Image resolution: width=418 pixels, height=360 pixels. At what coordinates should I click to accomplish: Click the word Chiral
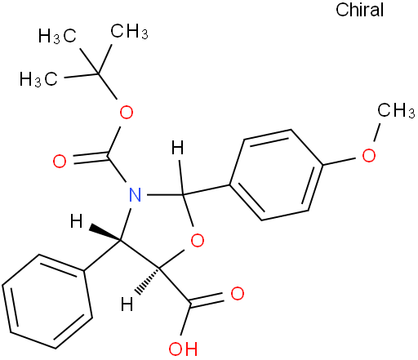(359, 10)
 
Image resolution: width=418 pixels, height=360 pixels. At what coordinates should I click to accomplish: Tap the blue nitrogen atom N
(136, 194)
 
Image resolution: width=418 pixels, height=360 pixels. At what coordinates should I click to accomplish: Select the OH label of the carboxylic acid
(183, 349)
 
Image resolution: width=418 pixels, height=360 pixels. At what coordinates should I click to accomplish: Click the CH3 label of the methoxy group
(396, 110)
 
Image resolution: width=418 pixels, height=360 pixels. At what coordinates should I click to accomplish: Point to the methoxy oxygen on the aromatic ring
(369, 156)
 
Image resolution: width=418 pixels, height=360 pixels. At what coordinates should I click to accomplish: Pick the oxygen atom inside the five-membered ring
(198, 240)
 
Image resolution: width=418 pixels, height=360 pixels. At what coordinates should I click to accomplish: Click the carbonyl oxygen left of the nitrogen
(60, 161)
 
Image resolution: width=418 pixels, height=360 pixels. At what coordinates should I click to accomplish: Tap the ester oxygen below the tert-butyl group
(127, 112)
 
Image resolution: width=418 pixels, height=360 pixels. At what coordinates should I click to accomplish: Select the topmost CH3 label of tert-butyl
(129, 31)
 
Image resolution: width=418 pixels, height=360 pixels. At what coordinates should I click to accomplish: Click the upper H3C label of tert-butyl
(57, 36)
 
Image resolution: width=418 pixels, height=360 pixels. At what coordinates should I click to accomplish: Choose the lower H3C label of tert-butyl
(38, 79)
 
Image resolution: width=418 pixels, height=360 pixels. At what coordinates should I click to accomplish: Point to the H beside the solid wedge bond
(76, 221)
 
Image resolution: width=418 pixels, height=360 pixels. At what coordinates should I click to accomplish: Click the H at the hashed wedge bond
(127, 304)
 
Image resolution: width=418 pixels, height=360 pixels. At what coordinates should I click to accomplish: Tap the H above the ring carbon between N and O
(178, 147)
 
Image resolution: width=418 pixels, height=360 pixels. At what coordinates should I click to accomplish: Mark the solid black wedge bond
(105, 233)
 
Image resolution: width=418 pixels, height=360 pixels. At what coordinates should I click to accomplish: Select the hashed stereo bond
(148, 282)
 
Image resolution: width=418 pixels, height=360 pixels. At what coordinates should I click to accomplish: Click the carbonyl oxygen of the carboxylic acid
(238, 293)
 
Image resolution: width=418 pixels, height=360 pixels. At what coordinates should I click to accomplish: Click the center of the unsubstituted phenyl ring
(47, 301)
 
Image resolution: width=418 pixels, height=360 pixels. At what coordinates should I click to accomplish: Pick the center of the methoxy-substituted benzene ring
(277, 175)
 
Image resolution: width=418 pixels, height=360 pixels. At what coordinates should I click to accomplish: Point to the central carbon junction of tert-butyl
(98, 73)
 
